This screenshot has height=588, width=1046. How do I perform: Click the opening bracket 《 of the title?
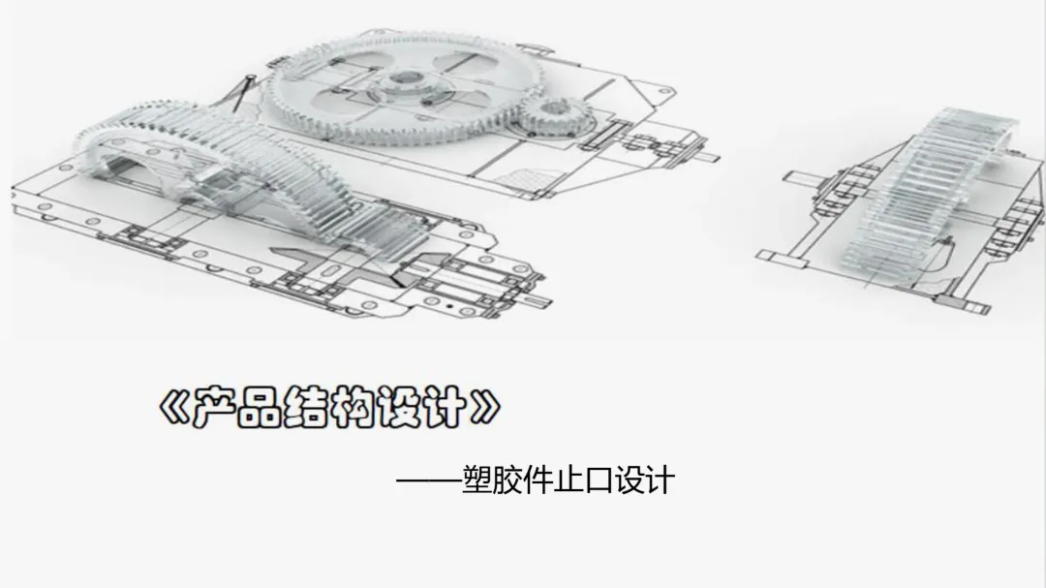172,408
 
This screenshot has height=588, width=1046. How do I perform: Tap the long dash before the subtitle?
428,481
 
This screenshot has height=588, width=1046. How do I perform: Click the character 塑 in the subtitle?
478,480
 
